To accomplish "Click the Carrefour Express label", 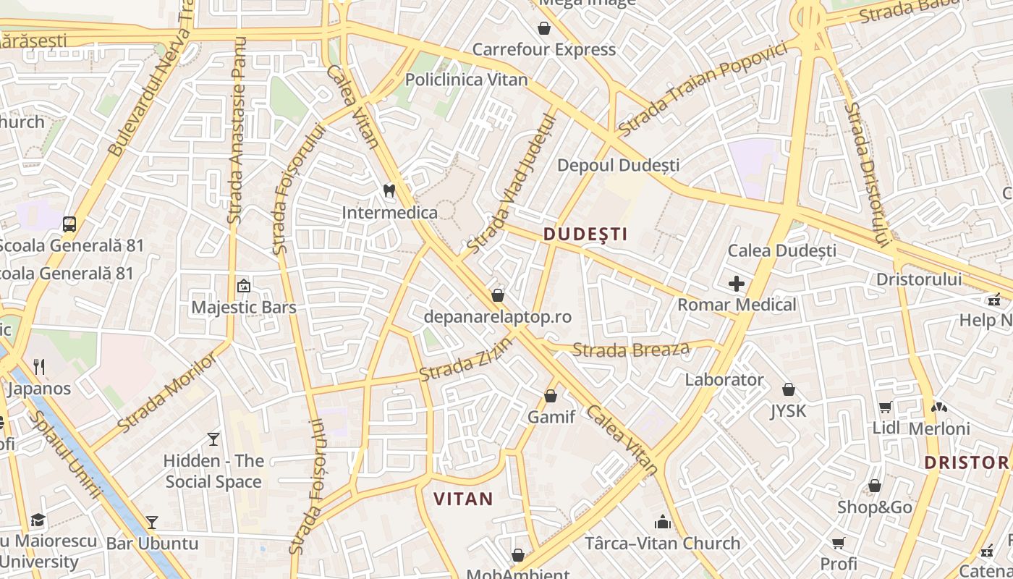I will click(544, 50).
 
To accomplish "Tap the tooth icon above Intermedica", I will click(389, 191).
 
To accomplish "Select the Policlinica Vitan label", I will click(467, 80).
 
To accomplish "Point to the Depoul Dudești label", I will click(618, 166).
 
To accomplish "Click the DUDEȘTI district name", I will click(585, 234).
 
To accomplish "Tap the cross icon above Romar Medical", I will click(737, 284).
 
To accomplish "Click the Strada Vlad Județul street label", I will click(511, 185).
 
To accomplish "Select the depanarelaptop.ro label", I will click(498, 317).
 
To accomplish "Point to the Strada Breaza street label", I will click(631, 350).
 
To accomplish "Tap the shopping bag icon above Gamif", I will click(551, 396).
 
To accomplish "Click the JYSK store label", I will click(788, 411).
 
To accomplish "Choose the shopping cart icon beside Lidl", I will click(886, 407).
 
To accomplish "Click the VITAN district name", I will click(463, 499).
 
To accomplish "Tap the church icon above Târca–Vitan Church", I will click(663, 522).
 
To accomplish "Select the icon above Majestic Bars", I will click(243, 286).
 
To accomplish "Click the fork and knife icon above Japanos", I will click(39, 367).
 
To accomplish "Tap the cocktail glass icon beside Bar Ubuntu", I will click(152, 522).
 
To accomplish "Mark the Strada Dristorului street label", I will click(865, 174).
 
